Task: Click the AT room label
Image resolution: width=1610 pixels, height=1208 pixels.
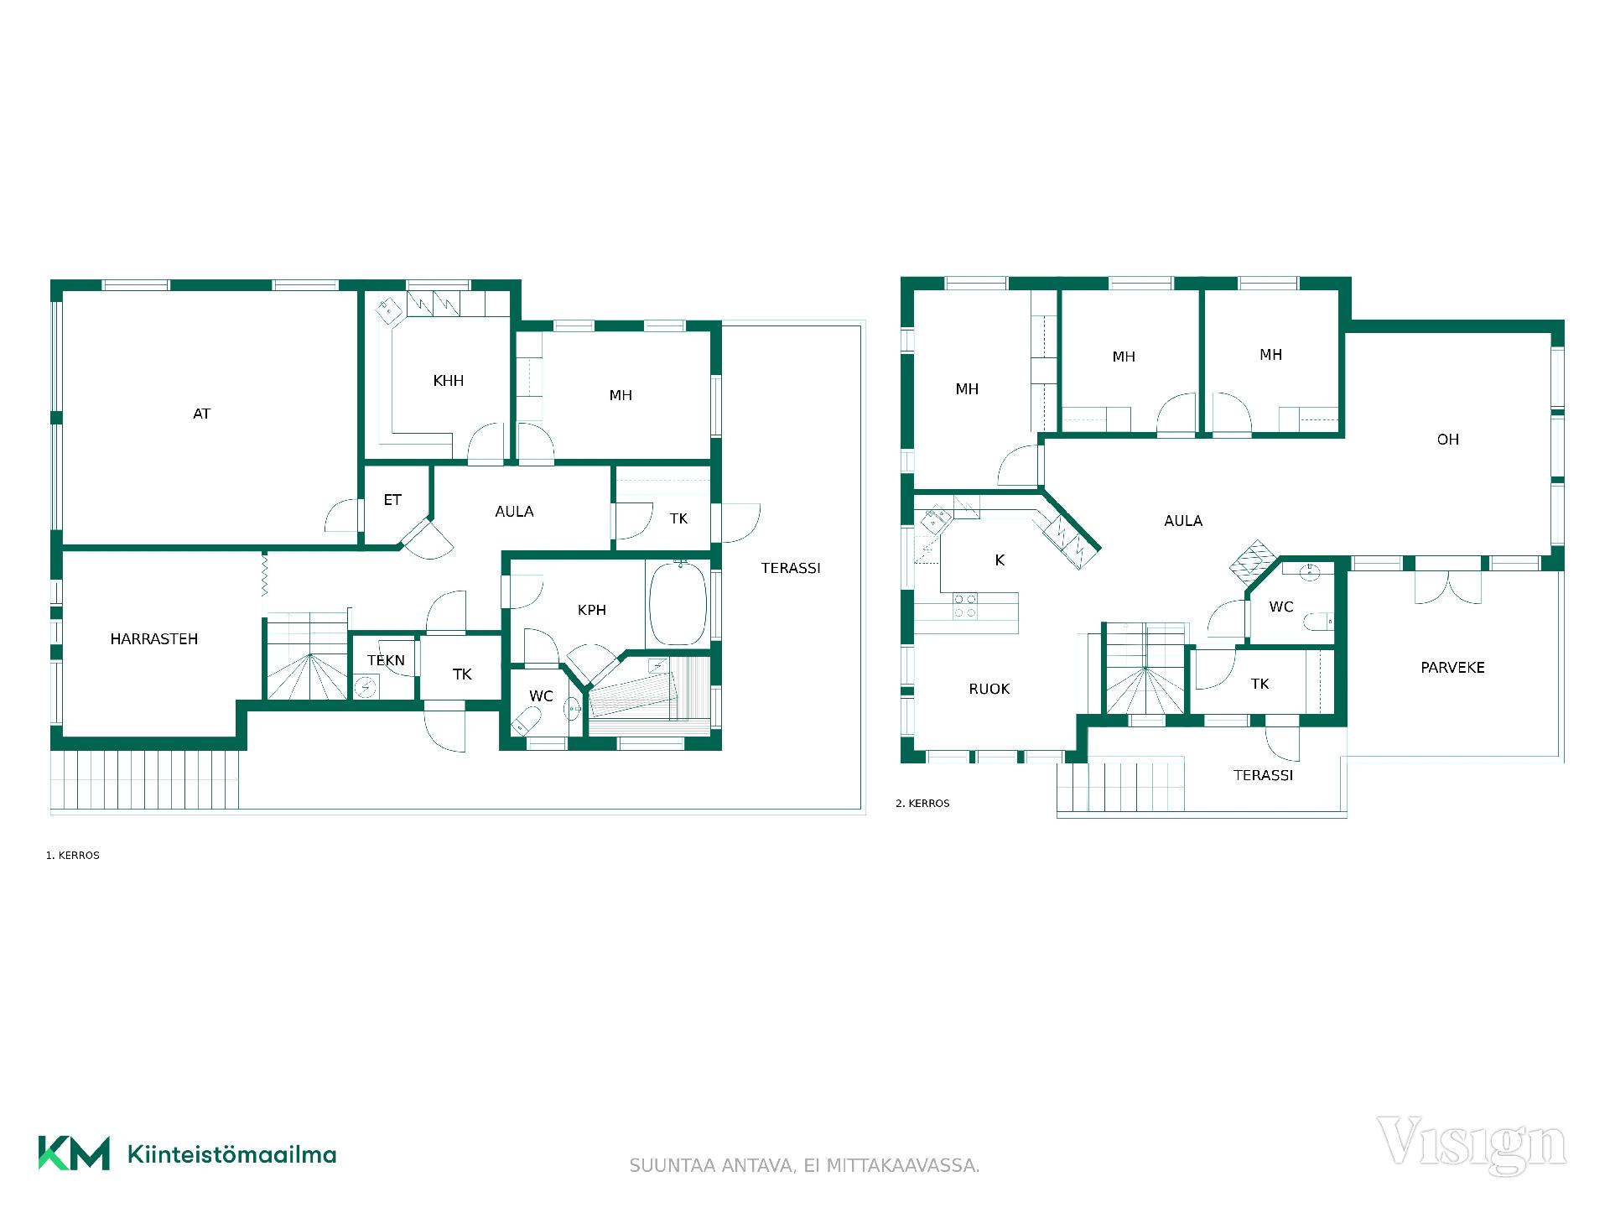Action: click(201, 414)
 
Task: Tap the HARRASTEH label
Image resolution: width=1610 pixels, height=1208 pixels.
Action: click(154, 639)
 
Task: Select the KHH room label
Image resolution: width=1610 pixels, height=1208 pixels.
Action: click(449, 381)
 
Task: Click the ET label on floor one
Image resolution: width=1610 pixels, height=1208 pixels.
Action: click(392, 500)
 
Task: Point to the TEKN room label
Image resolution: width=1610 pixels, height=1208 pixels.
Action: click(386, 660)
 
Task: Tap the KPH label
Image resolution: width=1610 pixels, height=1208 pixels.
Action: click(592, 610)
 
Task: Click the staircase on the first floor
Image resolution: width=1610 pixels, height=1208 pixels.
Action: click(307, 656)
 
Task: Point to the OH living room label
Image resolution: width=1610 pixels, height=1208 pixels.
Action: click(1448, 440)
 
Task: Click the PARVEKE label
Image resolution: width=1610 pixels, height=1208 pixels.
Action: click(1452, 668)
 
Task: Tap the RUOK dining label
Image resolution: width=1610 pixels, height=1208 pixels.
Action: click(989, 690)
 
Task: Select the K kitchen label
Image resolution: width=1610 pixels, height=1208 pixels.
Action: click(1000, 560)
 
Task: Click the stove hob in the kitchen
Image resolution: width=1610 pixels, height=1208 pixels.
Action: click(965, 606)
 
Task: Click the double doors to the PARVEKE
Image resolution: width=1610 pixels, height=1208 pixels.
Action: click(1448, 586)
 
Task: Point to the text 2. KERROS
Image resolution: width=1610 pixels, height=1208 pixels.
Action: click(922, 804)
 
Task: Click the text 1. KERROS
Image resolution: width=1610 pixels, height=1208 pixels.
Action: click(73, 856)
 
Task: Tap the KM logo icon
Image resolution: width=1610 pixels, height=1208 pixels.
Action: click(74, 1153)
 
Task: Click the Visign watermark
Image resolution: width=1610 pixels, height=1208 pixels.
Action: click(1471, 1143)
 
